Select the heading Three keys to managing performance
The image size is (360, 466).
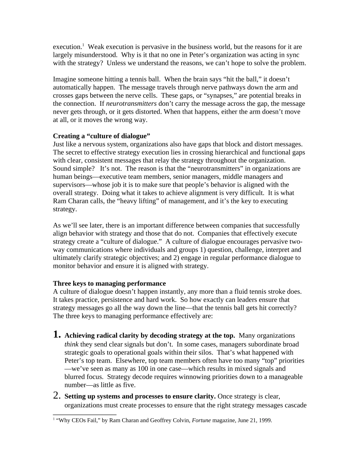(109, 283)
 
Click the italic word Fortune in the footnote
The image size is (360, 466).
(201, 420)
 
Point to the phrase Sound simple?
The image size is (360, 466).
(72, 168)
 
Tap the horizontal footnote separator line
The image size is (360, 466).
(85, 414)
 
